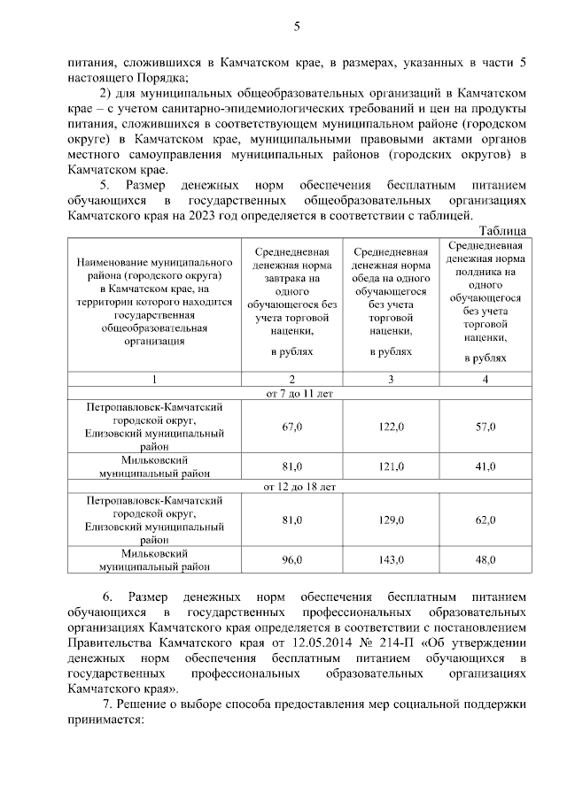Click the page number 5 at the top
coord(297,26)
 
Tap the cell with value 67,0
coord(291,427)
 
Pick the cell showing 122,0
coord(391,427)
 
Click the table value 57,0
coord(485,427)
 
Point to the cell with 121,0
coord(391,466)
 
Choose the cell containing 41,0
coord(485,466)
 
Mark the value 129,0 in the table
coord(391,520)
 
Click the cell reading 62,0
coord(485,520)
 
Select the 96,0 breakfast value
coord(291,559)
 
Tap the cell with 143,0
coord(391,559)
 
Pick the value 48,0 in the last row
coord(485,559)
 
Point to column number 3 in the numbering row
coord(391,379)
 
